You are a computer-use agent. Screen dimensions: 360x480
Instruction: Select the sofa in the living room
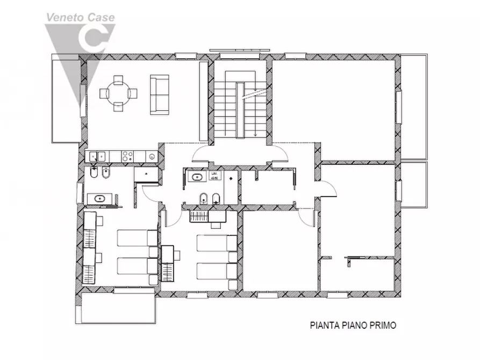159,94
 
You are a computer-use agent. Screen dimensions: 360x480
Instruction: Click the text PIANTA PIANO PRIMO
353,325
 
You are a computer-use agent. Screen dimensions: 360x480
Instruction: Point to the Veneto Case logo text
80,17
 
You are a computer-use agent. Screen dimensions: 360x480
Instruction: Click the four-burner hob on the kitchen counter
127,156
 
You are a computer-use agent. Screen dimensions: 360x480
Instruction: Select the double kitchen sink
97,156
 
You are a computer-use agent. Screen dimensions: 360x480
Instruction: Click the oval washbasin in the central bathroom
196,176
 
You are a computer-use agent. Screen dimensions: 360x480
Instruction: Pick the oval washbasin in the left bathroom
99,199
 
